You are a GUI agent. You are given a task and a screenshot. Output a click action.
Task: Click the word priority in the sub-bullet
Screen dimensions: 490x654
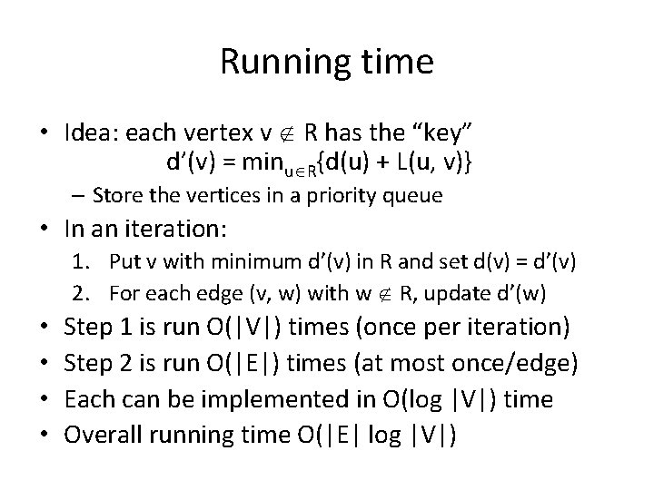coord(317,196)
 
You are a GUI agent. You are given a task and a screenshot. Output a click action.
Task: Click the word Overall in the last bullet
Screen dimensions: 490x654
coord(100,435)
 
